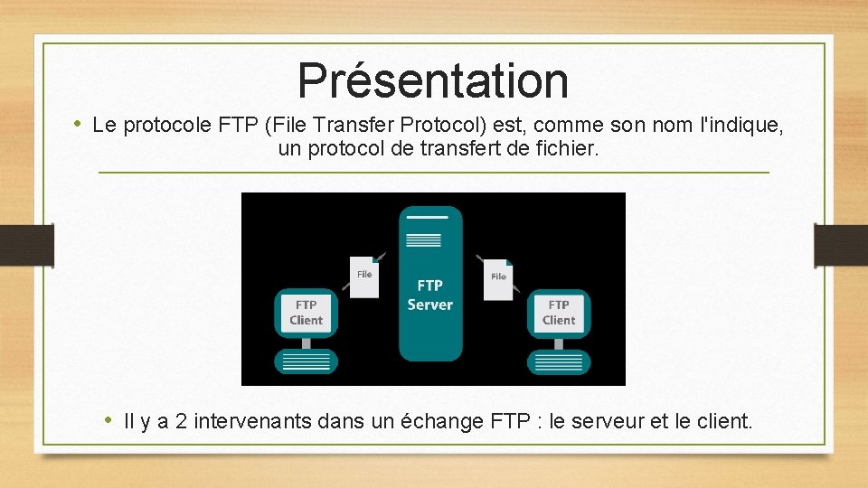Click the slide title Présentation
coord(433,80)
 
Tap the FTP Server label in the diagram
coord(430,296)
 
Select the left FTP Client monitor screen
coord(306,313)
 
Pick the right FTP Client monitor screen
coord(559,313)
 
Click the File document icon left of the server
coord(364,277)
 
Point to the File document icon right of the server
coord(498,278)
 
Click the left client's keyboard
coord(306,362)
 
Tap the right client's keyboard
coord(559,362)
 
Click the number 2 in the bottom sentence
coord(181,421)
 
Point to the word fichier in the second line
coord(567,149)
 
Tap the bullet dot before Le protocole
coord(79,124)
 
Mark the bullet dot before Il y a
coord(108,420)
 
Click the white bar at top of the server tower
coord(428,217)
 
